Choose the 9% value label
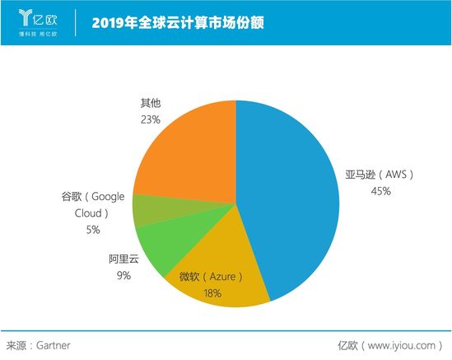point(124,275)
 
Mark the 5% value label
point(92,229)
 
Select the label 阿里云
point(123,259)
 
